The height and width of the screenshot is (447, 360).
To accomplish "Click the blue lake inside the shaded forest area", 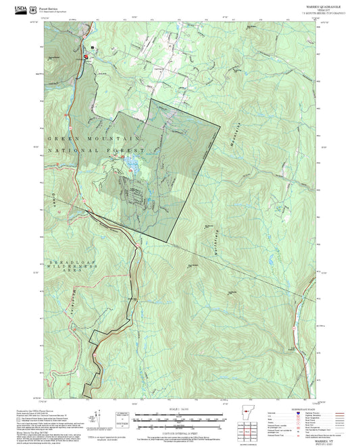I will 133,164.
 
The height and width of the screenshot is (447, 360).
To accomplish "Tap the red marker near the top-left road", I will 86,58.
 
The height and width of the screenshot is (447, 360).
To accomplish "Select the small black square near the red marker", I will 93,47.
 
